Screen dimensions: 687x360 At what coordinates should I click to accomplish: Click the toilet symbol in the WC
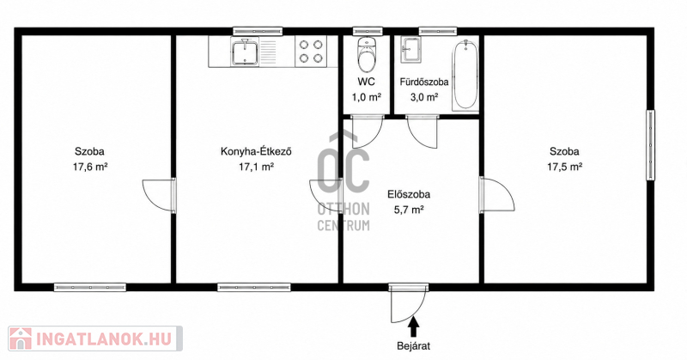[367, 55]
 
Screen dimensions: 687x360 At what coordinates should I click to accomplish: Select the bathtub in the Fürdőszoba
[465, 75]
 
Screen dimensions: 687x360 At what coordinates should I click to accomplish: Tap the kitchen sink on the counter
[245, 52]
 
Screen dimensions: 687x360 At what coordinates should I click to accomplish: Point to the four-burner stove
[311, 52]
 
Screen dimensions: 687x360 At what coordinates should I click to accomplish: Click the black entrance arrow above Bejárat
[413, 326]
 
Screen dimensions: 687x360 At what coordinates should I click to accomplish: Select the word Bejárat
[414, 346]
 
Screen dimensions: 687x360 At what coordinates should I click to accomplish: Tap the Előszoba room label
[409, 194]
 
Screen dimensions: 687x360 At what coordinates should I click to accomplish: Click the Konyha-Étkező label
[256, 152]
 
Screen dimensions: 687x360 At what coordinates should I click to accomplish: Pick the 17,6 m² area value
[90, 167]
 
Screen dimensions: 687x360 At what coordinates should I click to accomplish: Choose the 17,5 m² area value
[564, 167]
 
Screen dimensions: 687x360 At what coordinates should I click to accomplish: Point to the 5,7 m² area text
[409, 210]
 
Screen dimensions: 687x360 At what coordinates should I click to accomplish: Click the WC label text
[367, 82]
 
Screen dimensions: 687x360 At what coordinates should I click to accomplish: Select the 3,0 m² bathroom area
[423, 97]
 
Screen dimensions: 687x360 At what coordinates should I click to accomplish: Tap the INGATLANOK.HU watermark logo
[95, 339]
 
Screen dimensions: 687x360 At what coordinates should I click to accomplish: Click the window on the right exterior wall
[651, 144]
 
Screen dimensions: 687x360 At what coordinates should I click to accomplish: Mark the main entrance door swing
[407, 305]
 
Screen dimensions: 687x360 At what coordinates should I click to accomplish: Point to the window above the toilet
[368, 31]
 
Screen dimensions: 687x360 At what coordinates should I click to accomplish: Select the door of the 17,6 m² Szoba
[159, 196]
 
